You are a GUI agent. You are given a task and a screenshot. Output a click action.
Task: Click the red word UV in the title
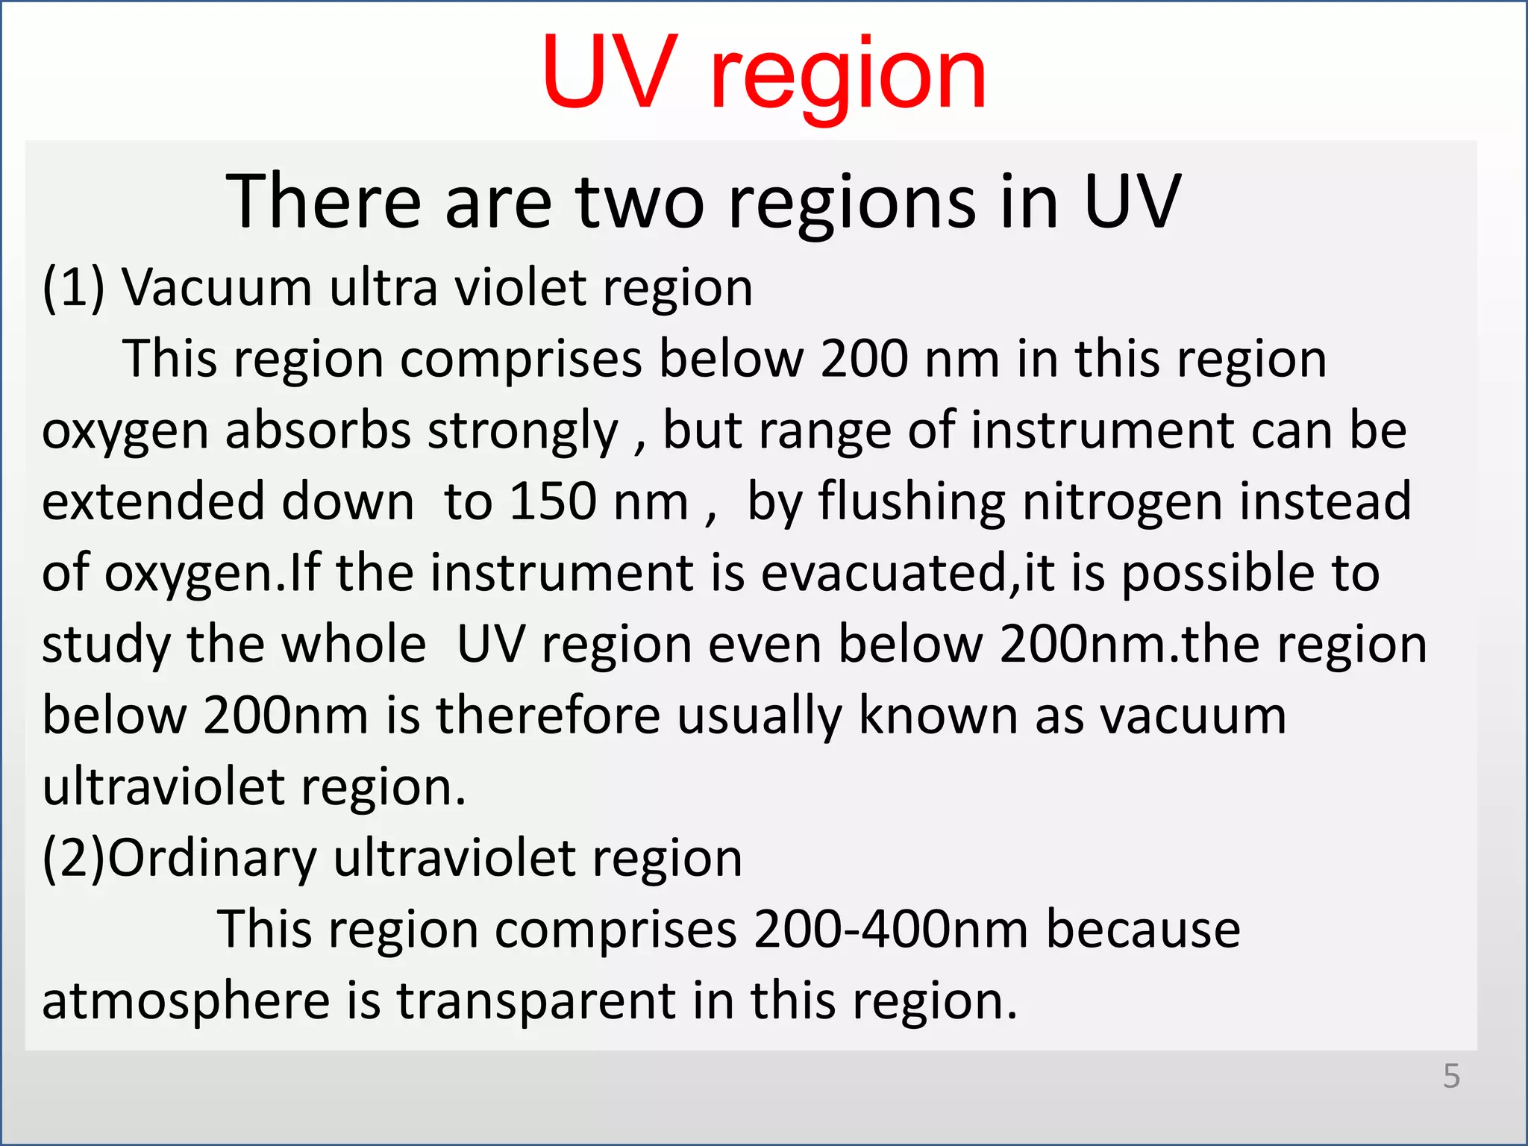(610, 73)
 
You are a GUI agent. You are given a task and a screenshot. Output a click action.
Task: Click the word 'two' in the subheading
(639, 201)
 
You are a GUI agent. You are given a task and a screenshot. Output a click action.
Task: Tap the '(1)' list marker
(73, 288)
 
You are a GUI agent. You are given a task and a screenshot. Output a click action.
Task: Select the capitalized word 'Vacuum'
(217, 288)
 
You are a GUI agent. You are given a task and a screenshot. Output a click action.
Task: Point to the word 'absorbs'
(318, 431)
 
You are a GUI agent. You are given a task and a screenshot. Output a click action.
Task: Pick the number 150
(553, 501)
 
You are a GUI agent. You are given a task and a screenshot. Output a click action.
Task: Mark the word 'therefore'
(548, 715)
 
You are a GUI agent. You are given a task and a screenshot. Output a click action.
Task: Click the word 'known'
(939, 715)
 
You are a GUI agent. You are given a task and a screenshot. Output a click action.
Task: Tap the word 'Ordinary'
(213, 859)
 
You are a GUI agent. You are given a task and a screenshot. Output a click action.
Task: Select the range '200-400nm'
(891, 930)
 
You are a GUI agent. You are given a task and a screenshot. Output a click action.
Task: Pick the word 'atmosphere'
(186, 1001)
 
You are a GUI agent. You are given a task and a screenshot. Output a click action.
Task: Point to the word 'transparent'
(535, 1002)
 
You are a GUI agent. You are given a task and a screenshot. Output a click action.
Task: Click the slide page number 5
(1451, 1076)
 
